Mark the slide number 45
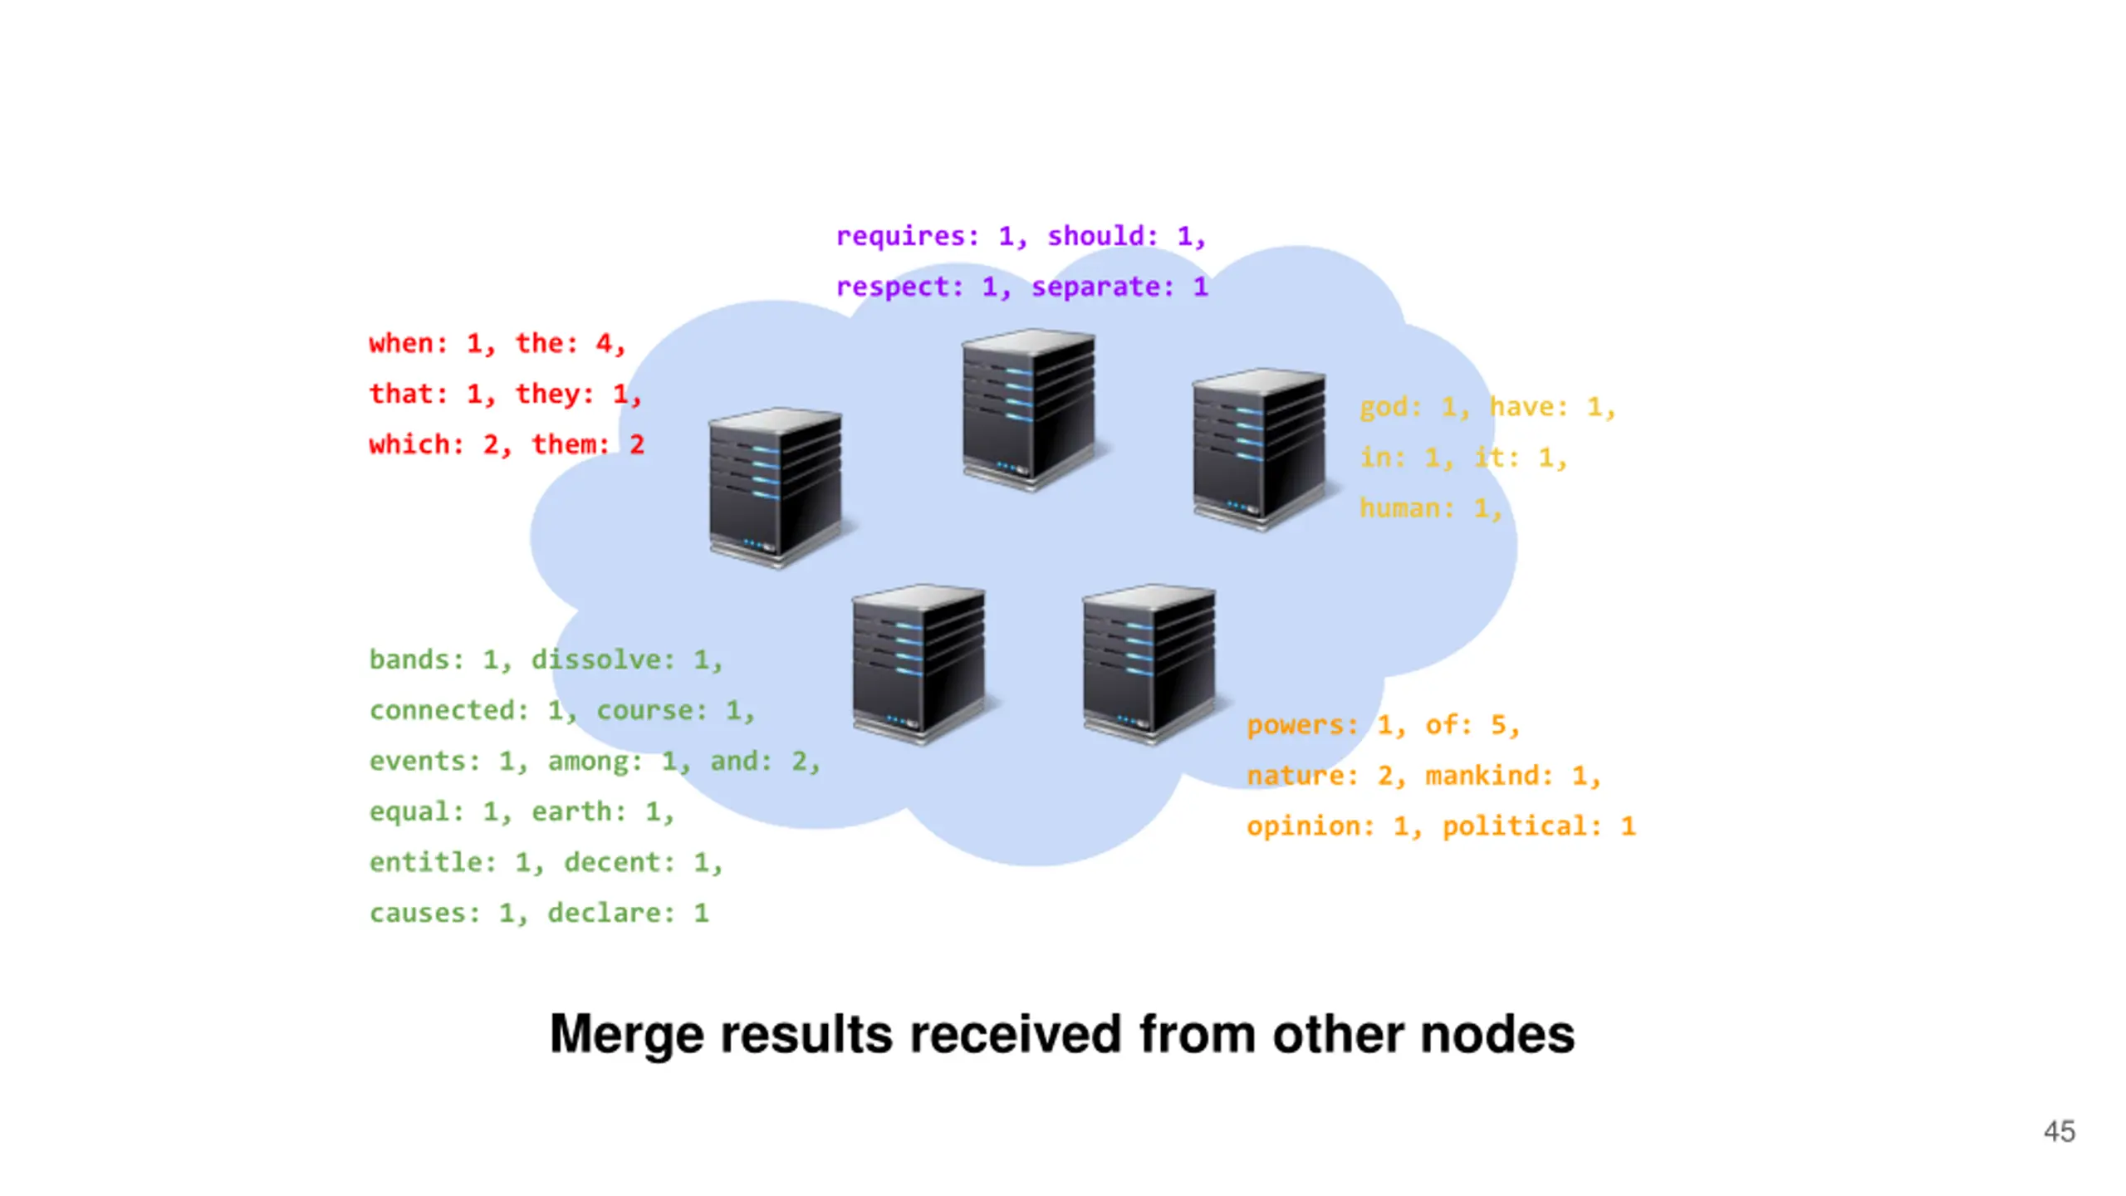(x=2059, y=1132)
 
